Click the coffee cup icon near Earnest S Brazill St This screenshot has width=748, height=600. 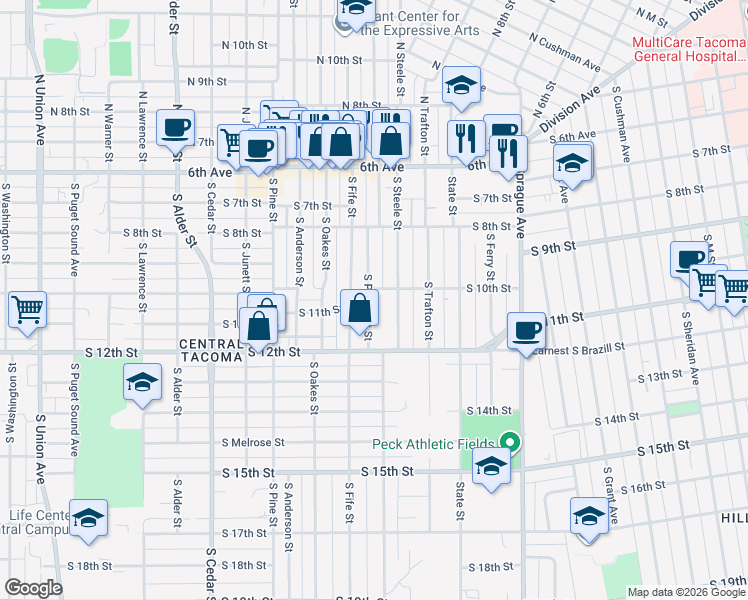coord(526,330)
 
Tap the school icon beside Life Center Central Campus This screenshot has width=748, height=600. coord(89,517)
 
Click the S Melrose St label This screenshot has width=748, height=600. coord(253,442)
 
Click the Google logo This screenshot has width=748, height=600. coord(33,588)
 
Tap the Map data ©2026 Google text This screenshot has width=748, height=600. coord(686,592)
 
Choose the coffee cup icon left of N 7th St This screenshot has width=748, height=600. coord(176,127)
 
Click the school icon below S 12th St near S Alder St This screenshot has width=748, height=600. coord(142,382)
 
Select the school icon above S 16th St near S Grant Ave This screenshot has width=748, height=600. coord(589,516)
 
